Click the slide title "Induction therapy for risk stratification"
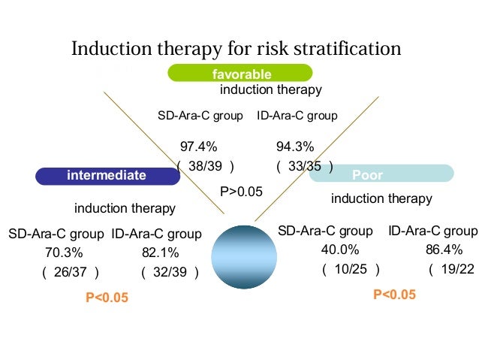pos(236,49)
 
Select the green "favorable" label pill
pos(240,74)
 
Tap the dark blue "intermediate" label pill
pos(107,175)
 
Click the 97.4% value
pos(198,147)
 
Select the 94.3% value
pos(295,147)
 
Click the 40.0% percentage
pos(340,250)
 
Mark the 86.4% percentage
pos(444,250)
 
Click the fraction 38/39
pos(205,166)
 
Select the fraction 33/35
pos(304,166)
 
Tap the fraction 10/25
pos(351,269)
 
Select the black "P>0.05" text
pos(241,192)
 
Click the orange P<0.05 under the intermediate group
pos(107,298)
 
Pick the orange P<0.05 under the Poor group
pos(394,294)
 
